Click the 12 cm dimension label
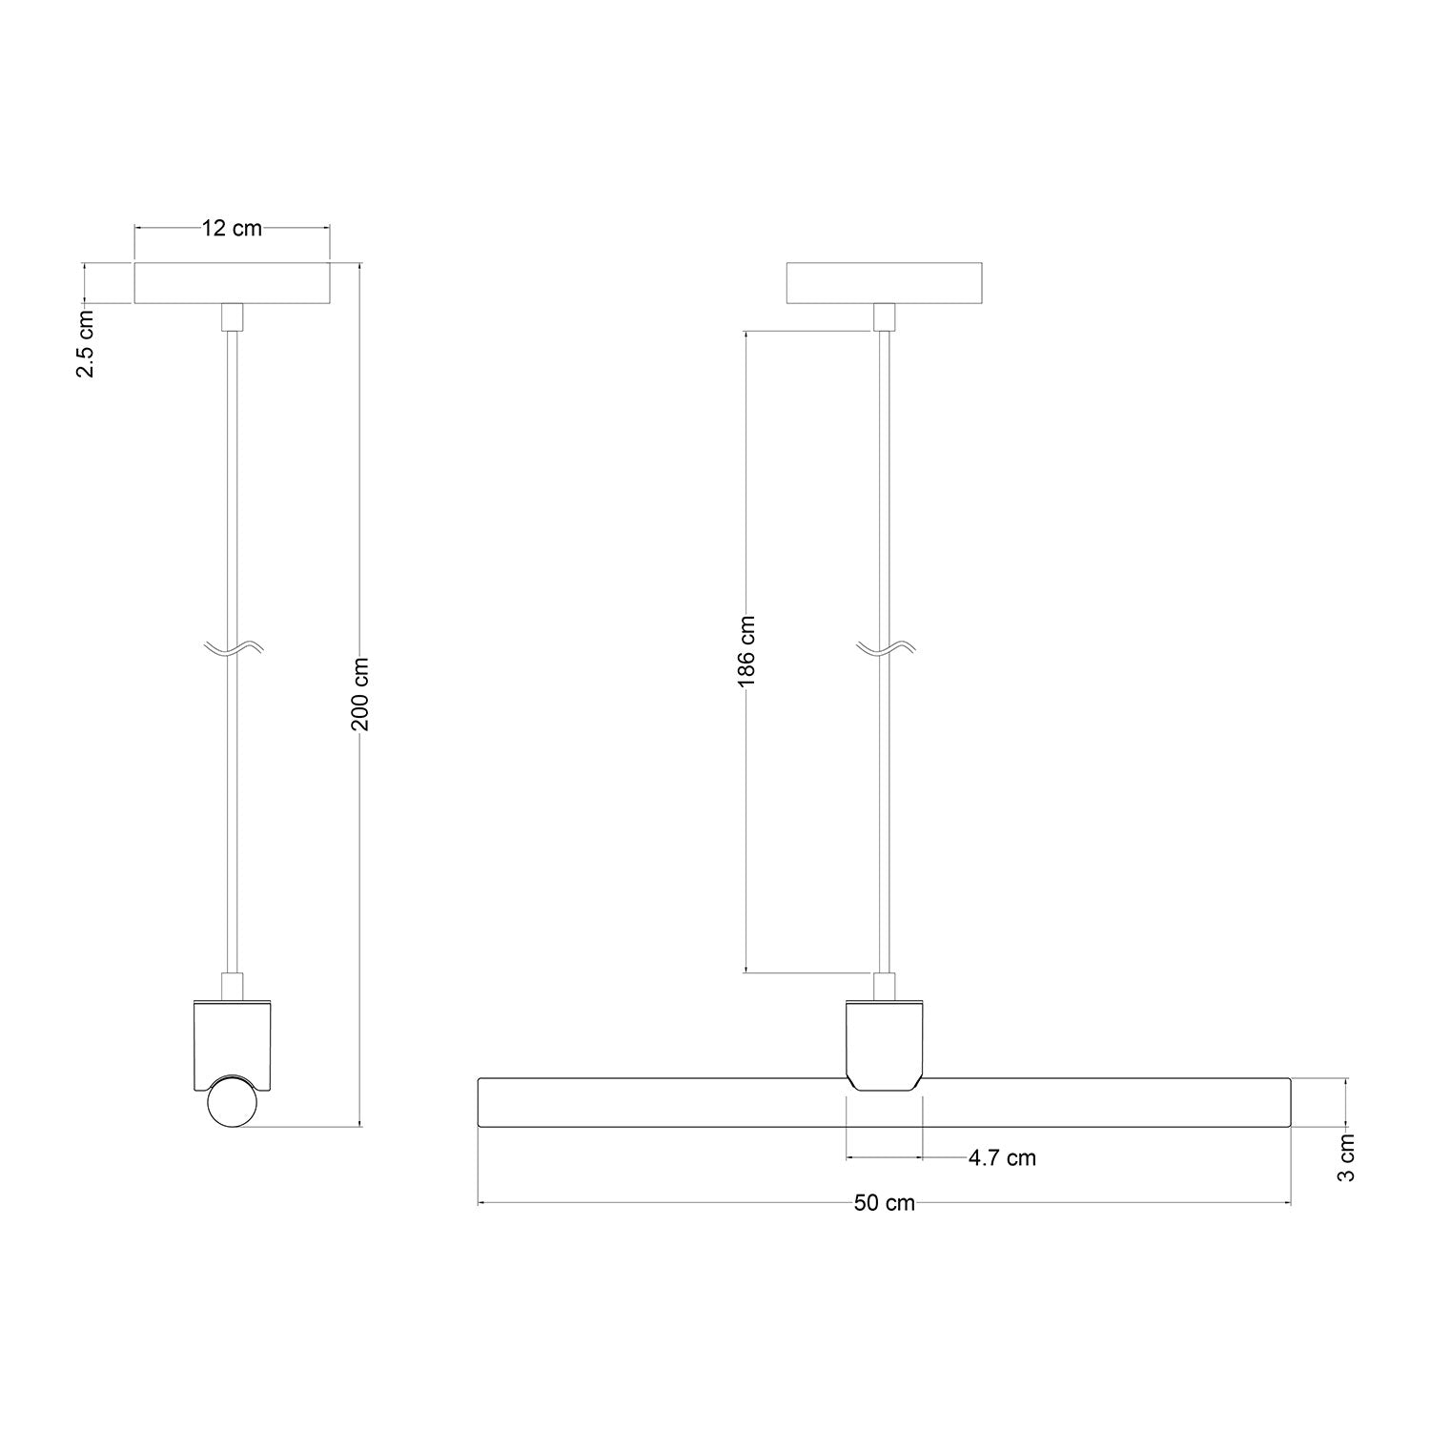coord(231,229)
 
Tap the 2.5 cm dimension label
coord(86,343)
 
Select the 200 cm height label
coord(360,693)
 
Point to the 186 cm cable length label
coord(746,651)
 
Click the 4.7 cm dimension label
coord(1001,1158)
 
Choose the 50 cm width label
coord(884,1203)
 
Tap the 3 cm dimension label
coord(1345,1157)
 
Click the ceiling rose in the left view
coord(232,283)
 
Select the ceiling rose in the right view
coord(884,283)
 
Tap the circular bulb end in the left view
coord(233,1104)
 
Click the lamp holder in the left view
coord(233,1044)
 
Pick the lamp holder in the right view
coord(885,1044)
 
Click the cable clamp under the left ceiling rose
coord(233,317)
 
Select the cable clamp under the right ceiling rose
coord(885,317)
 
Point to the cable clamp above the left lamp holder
coord(233,985)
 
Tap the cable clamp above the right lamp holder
coord(885,985)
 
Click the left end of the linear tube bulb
coord(482,1103)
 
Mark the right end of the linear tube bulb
coord(1286,1103)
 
